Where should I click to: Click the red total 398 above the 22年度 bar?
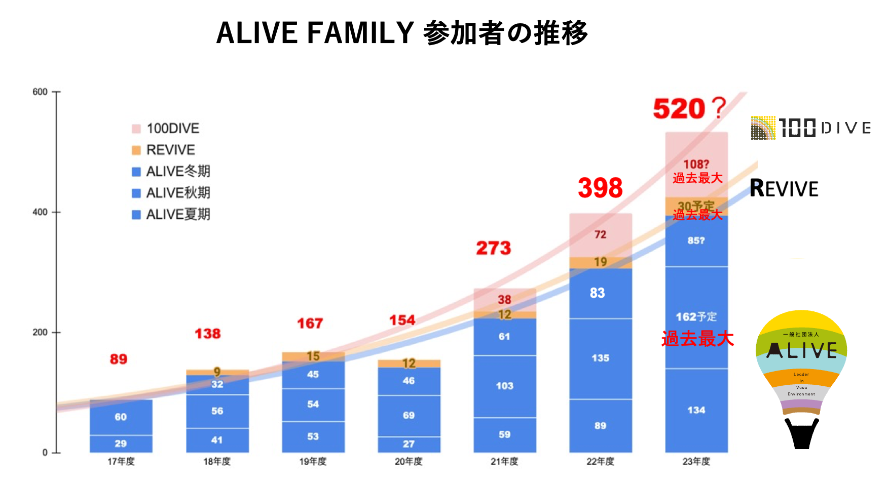[600, 188]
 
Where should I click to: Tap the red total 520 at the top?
[679, 109]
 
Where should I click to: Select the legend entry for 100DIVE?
[172, 129]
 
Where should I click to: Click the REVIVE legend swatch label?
[170, 150]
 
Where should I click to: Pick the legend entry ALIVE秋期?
[177, 193]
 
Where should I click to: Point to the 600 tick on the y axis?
[40, 92]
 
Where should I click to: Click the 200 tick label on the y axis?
[40, 333]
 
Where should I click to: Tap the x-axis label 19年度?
[313, 462]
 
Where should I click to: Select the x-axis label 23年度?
[696, 462]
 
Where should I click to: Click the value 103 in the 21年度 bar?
[504, 386]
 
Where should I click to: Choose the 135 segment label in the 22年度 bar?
[600, 358]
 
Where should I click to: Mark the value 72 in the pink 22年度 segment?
[600, 234]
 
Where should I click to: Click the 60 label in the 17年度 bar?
[121, 417]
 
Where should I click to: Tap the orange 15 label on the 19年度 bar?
[313, 356]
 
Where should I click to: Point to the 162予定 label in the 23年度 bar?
[696, 317]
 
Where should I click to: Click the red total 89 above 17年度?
[119, 359]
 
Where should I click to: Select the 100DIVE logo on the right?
[810, 128]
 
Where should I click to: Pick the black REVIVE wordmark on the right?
[784, 189]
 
